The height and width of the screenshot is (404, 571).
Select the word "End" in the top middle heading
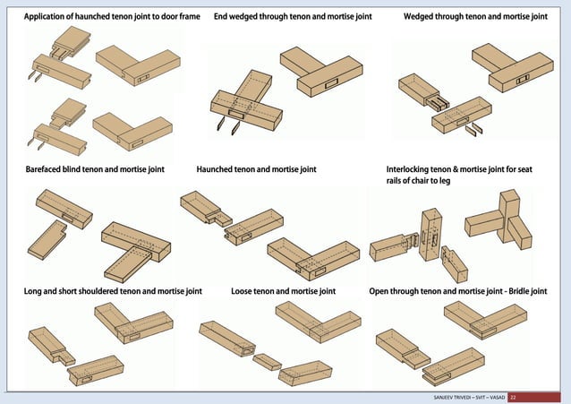pyautogui.click(x=222, y=17)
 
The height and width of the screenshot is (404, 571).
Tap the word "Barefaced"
pyautogui.click(x=44, y=168)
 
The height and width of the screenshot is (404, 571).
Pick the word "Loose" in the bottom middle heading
pyautogui.click(x=243, y=291)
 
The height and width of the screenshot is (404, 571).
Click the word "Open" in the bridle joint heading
pyautogui.click(x=381, y=291)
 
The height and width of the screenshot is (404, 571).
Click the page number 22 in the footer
pyautogui.click(x=514, y=397)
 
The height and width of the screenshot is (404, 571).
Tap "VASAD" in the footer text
pyautogui.click(x=494, y=397)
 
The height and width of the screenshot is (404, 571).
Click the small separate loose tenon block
pyautogui.click(x=266, y=361)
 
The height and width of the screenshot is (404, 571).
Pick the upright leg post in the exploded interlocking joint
pyautogui.click(x=431, y=235)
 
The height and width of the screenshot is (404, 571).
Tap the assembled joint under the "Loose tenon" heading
pyautogui.click(x=310, y=323)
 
